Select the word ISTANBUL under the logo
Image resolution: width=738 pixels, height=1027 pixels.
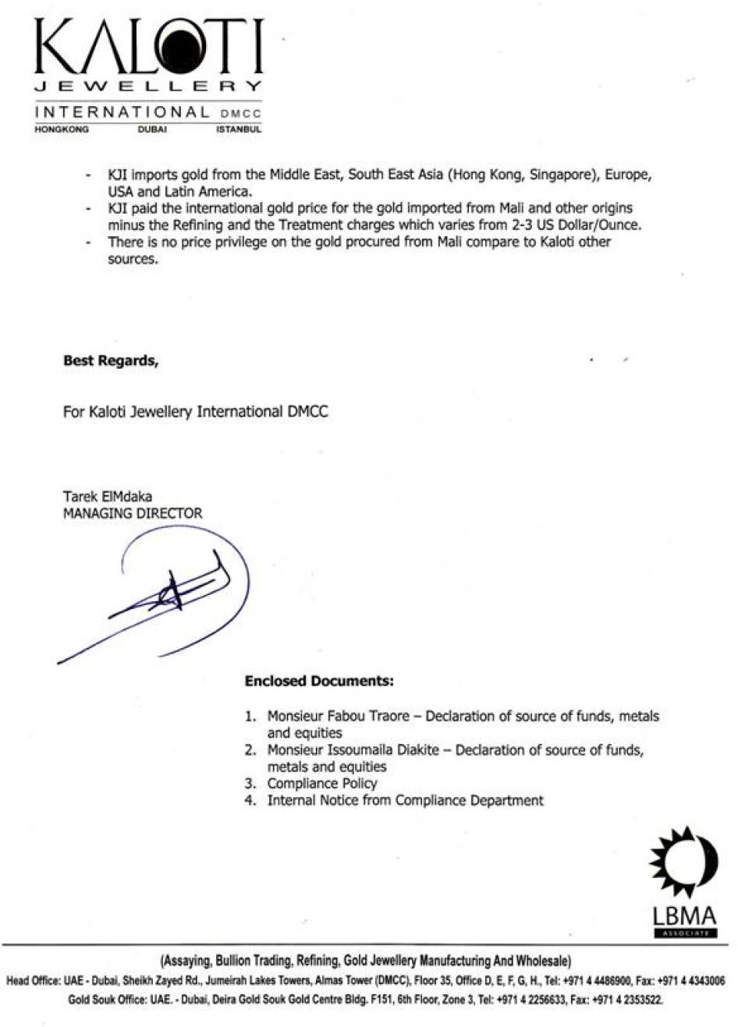(x=238, y=129)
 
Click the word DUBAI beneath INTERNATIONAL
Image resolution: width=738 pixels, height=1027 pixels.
(x=152, y=129)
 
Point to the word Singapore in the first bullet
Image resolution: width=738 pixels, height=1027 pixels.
(x=560, y=175)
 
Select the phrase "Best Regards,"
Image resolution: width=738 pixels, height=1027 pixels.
(x=110, y=361)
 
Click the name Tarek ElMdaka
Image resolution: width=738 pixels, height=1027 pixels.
(x=108, y=497)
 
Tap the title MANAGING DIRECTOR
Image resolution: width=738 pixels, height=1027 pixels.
(x=133, y=513)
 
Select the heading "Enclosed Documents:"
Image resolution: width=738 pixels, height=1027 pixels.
(x=319, y=681)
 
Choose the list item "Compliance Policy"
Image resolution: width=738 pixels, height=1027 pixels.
(x=322, y=784)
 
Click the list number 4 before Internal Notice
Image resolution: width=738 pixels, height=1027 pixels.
(x=250, y=801)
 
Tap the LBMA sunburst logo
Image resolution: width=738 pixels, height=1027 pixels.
(x=683, y=866)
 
